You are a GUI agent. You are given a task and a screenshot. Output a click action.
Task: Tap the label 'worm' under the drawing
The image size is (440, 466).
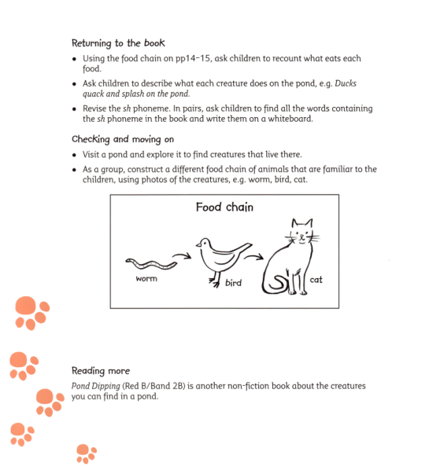[146, 279]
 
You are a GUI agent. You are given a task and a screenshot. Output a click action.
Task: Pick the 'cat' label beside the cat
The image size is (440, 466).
[316, 279]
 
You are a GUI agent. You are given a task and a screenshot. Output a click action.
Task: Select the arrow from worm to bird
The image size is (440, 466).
[181, 255]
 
